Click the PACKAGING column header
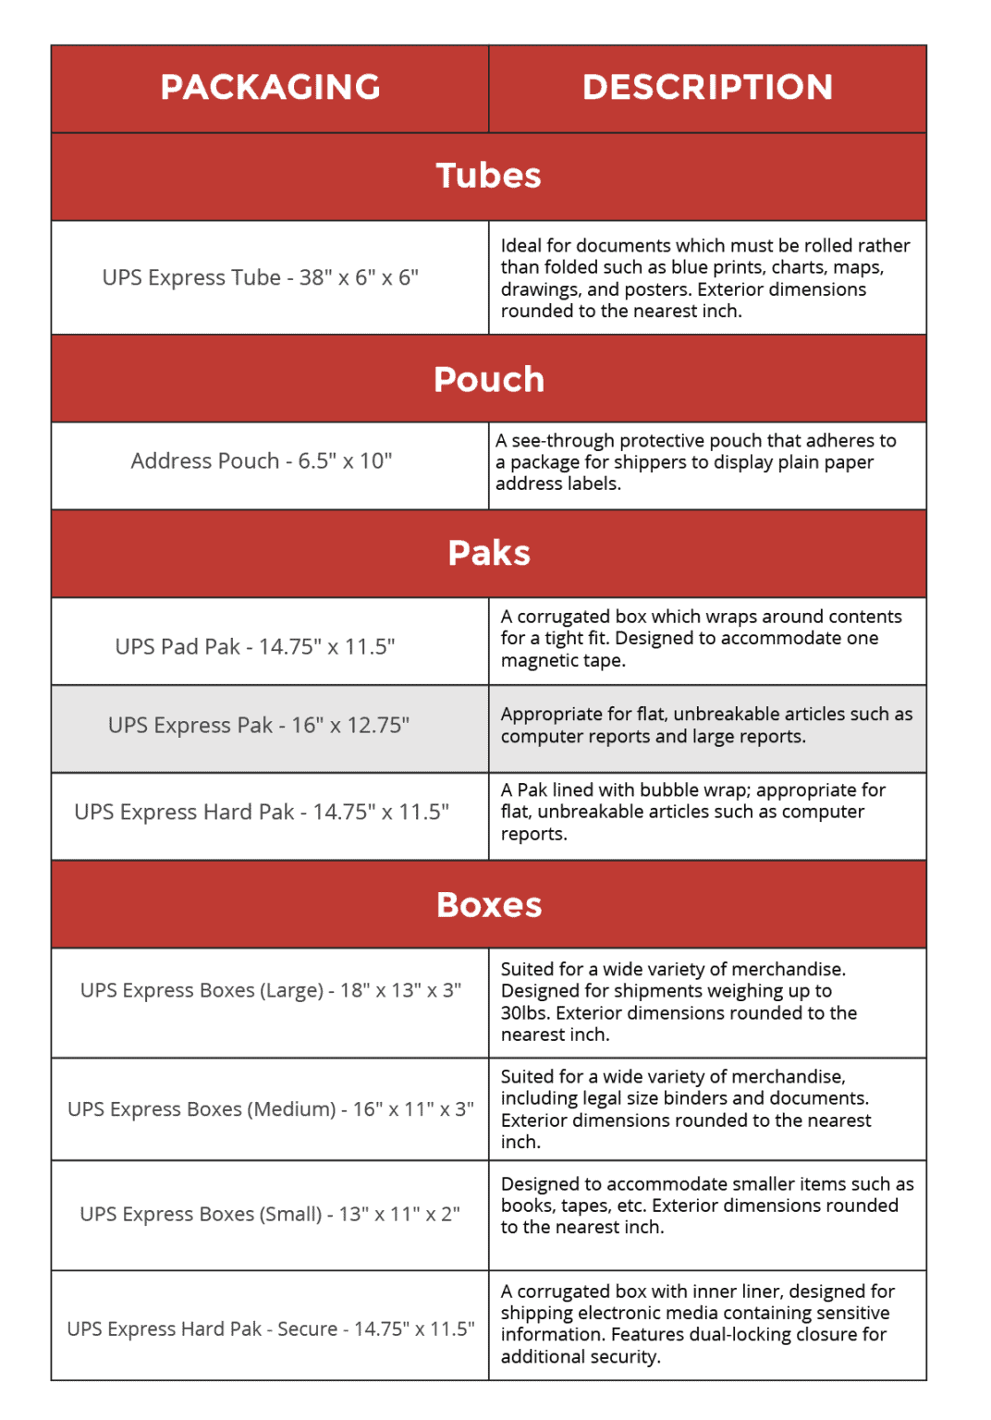click(x=270, y=88)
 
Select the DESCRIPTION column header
click(x=707, y=88)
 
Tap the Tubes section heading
click(x=488, y=176)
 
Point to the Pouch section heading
click(x=488, y=379)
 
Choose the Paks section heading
click(x=488, y=553)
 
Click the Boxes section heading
click(x=488, y=904)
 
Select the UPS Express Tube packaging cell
click(x=261, y=277)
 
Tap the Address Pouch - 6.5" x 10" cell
click(x=262, y=460)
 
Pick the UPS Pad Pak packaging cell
click(x=255, y=646)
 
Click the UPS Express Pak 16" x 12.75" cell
click(x=259, y=725)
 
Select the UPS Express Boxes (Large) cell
click(x=271, y=990)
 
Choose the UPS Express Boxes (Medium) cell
click(x=271, y=1108)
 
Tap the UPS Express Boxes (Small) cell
click(x=270, y=1214)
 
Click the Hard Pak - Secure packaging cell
click(x=271, y=1328)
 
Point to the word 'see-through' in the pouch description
click(x=563, y=441)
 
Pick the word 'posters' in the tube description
click(x=656, y=289)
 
